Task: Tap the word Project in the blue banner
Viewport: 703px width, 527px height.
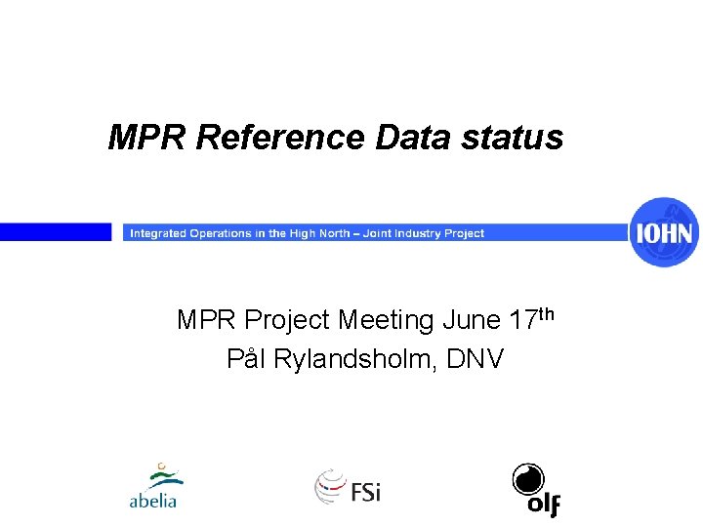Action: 464,233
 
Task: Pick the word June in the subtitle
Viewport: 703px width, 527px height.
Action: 474,320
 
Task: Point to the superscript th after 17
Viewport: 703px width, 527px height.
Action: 547,313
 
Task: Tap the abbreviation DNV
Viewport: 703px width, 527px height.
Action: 475,359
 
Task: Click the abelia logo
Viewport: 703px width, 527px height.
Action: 153,487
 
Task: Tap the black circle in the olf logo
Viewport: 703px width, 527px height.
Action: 528,479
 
